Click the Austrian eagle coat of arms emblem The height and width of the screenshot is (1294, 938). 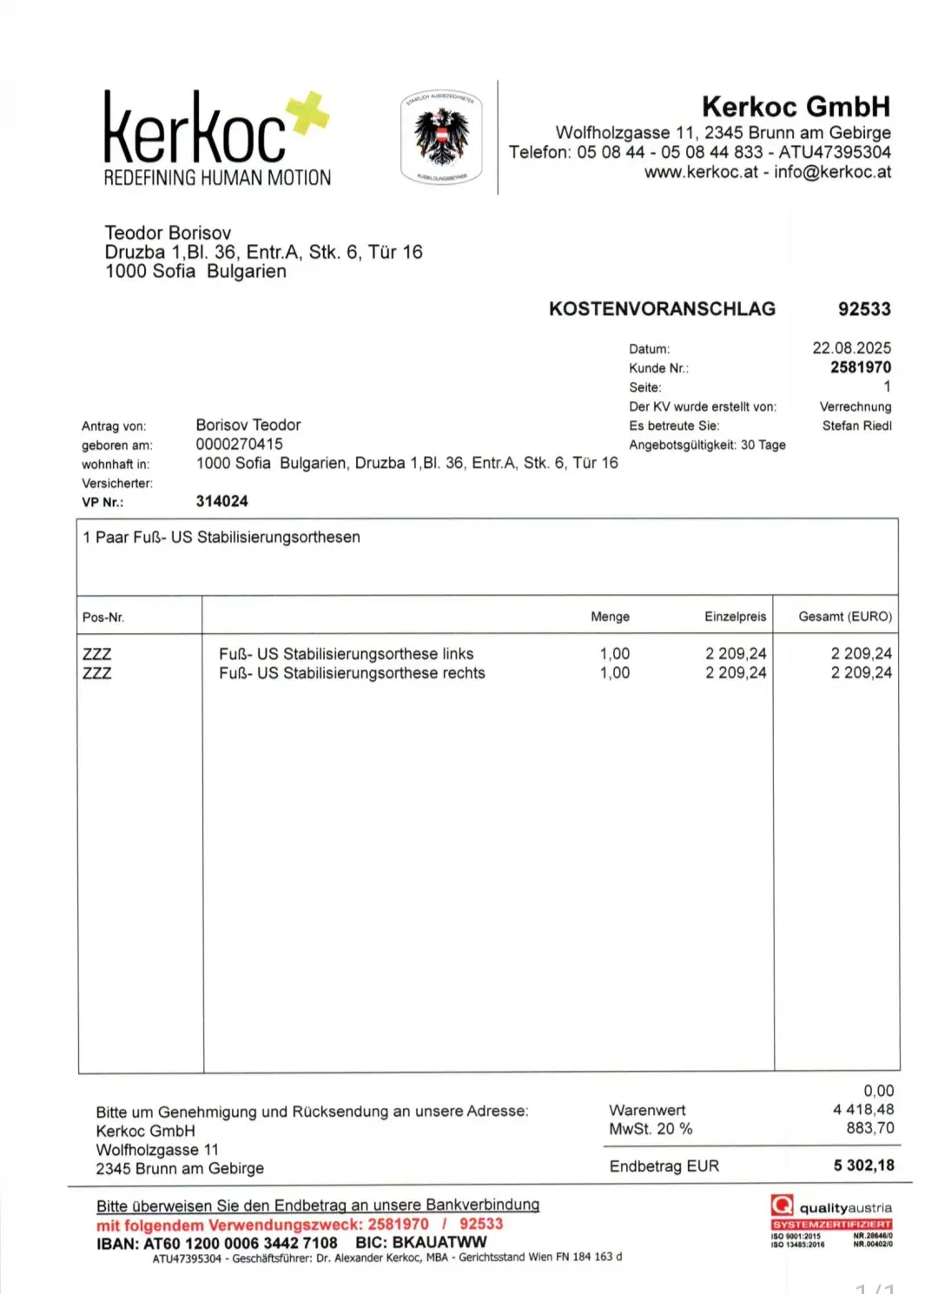441,137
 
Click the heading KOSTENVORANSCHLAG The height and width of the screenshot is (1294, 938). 662,309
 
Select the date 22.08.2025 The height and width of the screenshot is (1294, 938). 851,348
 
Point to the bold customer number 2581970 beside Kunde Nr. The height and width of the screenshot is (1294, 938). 860,367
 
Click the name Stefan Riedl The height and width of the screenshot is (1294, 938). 856,426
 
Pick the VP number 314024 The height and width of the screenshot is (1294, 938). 221,501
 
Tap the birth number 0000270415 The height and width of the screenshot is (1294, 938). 239,444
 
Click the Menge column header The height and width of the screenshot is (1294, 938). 610,617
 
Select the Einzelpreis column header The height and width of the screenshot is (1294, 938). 735,617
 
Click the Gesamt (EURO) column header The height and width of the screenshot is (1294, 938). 845,617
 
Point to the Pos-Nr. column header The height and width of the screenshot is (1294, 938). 103,617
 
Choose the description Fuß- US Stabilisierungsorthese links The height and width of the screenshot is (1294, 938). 346,654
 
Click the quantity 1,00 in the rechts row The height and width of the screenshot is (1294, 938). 615,673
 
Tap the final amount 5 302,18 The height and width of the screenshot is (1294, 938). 863,1165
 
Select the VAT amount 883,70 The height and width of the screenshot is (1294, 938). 870,1128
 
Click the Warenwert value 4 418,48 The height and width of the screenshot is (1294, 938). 863,1109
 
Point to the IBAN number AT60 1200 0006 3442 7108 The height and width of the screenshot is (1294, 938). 241,1243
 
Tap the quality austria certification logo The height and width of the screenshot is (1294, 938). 831,1220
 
